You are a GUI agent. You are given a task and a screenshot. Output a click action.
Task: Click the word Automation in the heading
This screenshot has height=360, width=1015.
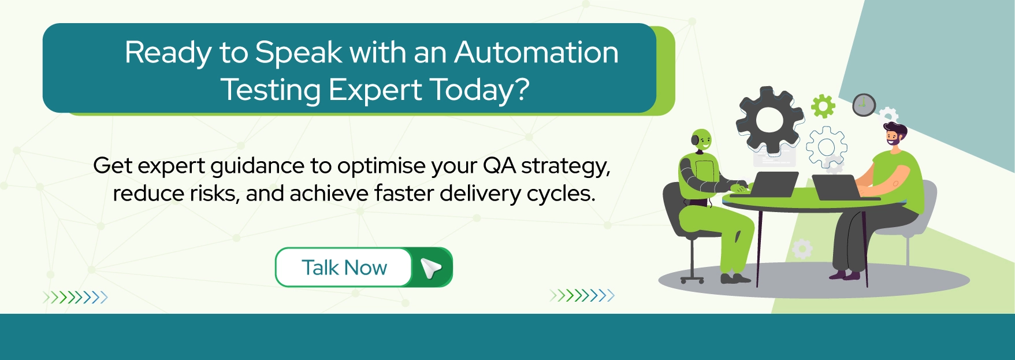[x=536, y=53]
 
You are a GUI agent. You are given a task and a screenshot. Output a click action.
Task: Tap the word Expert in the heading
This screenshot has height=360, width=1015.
[x=375, y=90]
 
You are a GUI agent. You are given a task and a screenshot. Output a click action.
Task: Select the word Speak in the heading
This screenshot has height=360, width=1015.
[x=299, y=53]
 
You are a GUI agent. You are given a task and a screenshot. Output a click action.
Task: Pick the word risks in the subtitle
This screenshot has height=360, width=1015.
[x=211, y=194]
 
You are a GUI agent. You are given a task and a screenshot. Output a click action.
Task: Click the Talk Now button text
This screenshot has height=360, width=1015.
[x=344, y=268]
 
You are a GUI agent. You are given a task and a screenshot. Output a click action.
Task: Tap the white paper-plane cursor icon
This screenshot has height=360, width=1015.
[x=431, y=268]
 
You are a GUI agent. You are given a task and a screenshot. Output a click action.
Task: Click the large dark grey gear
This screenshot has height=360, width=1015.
[x=769, y=120]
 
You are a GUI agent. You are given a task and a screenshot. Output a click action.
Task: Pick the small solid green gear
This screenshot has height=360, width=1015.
[x=823, y=106]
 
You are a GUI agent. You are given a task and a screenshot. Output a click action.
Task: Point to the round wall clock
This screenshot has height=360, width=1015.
[x=864, y=105]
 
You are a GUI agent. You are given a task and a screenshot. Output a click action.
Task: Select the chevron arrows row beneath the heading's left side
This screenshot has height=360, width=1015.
[x=75, y=298]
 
